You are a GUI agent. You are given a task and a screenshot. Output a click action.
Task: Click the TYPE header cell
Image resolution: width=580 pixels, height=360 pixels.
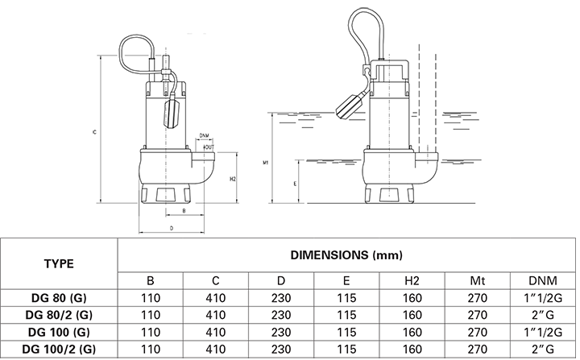click(59, 264)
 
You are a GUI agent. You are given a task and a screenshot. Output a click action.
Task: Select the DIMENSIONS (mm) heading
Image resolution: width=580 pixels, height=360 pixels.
click(346, 255)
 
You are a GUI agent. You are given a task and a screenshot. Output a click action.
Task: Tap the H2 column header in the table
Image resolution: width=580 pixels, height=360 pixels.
click(412, 280)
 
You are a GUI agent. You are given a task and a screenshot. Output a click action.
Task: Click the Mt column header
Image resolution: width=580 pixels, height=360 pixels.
click(477, 280)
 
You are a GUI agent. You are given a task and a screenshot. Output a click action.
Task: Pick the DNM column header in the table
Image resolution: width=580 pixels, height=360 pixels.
click(543, 280)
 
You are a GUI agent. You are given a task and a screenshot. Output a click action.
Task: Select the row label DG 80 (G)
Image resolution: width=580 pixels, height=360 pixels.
click(59, 298)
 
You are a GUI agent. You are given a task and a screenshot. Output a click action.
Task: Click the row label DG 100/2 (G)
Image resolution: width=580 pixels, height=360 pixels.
click(59, 349)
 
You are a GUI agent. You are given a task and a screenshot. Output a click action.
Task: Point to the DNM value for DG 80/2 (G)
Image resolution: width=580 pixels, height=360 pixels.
click(543, 315)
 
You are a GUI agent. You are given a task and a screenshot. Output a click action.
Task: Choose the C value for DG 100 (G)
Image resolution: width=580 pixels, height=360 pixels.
click(216, 332)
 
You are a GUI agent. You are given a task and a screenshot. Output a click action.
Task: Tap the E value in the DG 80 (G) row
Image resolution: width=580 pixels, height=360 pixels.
click(346, 298)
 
